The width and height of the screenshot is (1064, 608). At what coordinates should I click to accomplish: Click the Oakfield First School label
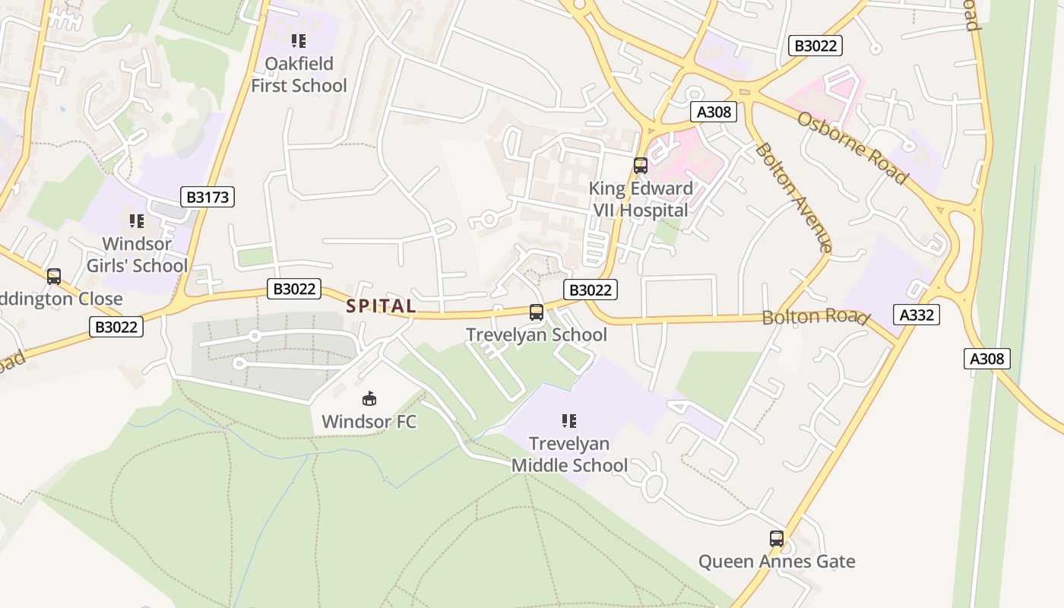[x=299, y=74]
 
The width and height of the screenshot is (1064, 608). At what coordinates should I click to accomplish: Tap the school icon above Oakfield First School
[x=299, y=40]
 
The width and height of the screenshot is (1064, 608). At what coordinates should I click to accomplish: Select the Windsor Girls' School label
[x=137, y=255]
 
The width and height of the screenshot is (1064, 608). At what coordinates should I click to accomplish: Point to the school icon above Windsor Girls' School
[x=137, y=221]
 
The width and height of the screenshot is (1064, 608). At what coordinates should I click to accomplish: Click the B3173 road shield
[x=207, y=198]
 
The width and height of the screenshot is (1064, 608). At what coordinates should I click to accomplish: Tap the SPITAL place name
[x=382, y=306]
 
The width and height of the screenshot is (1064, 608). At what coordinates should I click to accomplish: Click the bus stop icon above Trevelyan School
[x=536, y=312]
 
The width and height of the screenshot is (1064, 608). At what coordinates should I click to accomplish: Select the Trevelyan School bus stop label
[x=536, y=334]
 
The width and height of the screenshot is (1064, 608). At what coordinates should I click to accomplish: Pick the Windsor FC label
[x=369, y=421]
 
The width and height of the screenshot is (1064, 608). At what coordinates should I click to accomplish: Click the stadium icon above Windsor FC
[x=369, y=398]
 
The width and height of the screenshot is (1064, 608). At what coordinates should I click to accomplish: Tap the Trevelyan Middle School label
[x=569, y=454]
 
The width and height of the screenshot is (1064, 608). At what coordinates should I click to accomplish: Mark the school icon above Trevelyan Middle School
[x=569, y=420]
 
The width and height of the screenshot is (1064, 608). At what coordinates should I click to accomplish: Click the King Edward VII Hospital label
[x=640, y=199]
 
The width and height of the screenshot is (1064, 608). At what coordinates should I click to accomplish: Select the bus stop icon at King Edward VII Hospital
[x=641, y=165]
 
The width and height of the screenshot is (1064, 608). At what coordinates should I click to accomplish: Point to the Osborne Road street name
[x=852, y=148]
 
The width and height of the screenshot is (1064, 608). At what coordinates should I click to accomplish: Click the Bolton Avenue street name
[x=793, y=197]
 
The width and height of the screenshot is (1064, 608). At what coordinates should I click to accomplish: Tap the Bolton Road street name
[x=815, y=317]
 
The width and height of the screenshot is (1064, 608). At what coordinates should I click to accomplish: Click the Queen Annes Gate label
[x=777, y=562]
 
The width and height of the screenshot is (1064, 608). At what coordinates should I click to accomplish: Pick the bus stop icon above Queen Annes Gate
[x=776, y=539]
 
